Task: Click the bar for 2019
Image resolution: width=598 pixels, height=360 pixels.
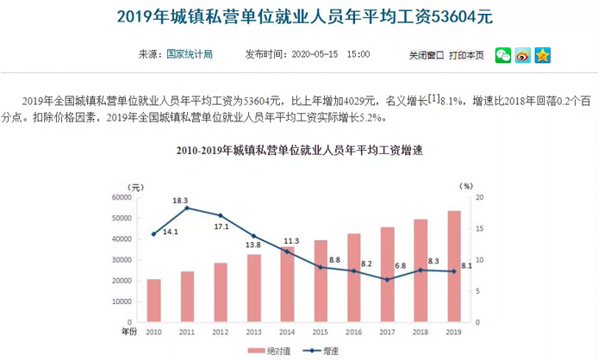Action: coord(453,267)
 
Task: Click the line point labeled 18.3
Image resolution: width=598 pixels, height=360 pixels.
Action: coord(187,208)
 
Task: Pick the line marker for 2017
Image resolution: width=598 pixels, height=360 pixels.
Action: coord(387,279)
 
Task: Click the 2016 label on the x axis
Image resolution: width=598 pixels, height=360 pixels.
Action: coord(353,332)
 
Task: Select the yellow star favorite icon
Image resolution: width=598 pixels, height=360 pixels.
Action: coord(543,55)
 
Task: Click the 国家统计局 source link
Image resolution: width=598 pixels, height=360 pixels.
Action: coord(190,54)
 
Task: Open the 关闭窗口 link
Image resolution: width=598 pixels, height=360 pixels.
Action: coord(426,55)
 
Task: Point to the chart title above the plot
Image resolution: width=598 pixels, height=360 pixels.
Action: coord(299,151)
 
